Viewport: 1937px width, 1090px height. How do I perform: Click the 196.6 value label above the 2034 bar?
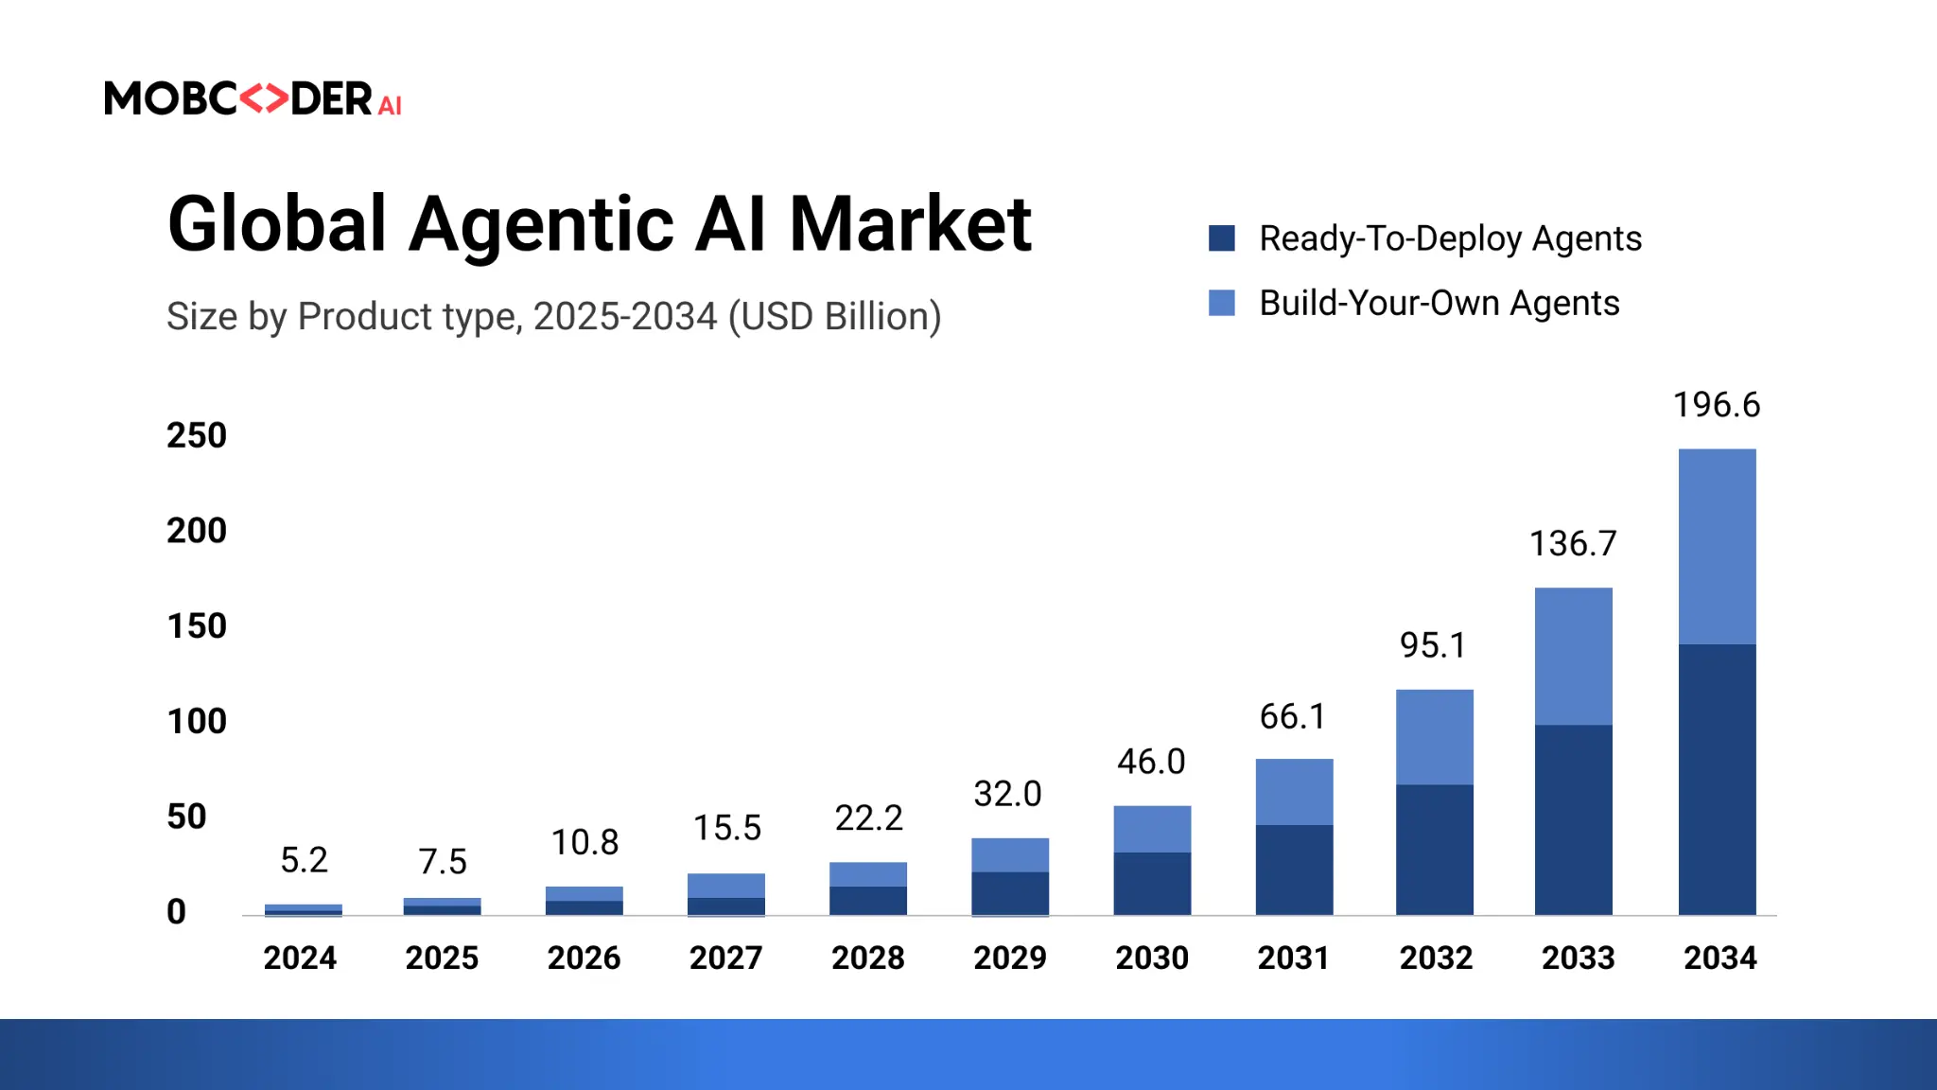[x=1716, y=405]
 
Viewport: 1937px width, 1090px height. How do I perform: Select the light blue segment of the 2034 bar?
[x=1717, y=547]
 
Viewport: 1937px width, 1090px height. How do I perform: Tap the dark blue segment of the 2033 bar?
[x=1573, y=819]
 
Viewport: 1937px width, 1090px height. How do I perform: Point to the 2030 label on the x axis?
[x=1152, y=958]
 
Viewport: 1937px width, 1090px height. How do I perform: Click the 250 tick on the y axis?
[x=197, y=435]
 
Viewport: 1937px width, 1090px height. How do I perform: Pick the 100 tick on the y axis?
[x=197, y=721]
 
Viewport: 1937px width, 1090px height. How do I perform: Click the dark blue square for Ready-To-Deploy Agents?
[x=1222, y=238]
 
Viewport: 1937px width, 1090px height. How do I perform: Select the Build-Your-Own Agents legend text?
[x=1439, y=303]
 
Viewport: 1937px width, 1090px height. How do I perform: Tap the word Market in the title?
[x=910, y=224]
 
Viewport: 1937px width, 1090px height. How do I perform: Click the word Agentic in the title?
[x=542, y=224]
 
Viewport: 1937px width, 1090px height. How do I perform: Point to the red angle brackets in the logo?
[x=263, y=98]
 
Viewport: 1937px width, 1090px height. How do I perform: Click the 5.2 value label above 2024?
[x=304, y=860]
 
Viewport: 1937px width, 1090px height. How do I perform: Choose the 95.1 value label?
[x=1433, y=645]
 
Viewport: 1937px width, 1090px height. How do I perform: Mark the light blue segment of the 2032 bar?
[x=1434, y=737]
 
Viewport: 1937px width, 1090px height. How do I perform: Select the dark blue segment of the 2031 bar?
[x=1294, y=870]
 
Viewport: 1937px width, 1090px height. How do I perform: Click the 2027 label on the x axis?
[x=725, y=958]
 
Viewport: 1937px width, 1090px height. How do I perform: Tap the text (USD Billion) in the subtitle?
[x=834, y=316]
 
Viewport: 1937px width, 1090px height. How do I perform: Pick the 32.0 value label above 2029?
[x=1007, y=794]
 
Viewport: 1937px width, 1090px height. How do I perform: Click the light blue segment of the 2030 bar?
[x=1152, y=829]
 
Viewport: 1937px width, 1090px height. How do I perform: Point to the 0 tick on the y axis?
[x=177, y=911]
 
